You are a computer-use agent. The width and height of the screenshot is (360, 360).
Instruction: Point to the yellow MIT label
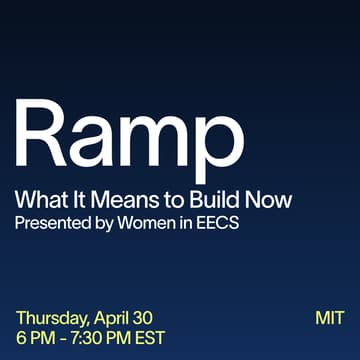tap(328, 319)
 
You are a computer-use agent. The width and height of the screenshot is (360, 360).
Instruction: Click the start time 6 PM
tap(35, 339)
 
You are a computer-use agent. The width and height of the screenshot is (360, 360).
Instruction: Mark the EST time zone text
tap(149, 339)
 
